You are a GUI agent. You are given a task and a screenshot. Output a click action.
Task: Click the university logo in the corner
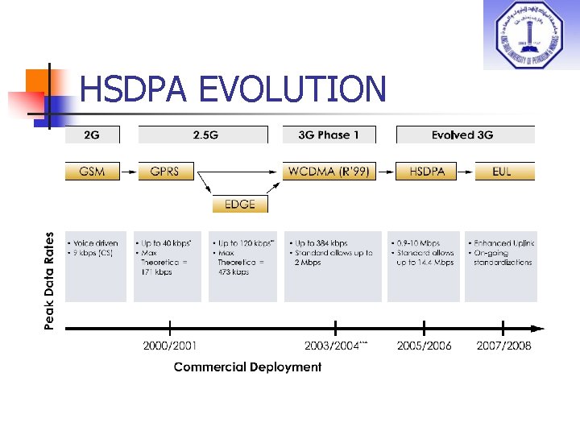(x=531, y=35)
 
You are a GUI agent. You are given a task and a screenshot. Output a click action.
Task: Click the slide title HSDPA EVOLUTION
(x=234, y=89)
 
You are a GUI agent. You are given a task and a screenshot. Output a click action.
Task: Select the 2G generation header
(x=92, y=135)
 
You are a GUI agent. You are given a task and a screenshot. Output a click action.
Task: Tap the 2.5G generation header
(x=203, y=135)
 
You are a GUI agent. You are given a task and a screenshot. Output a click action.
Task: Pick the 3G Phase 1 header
(x=329, y=135)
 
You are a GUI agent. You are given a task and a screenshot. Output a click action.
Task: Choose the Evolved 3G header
(x=465, y=135)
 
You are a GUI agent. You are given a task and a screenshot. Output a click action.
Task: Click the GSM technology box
(x=92, y=172)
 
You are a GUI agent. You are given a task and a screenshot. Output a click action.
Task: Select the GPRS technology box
(x=164, y=172)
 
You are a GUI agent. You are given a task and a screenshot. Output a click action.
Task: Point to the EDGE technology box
(x=240, y=204)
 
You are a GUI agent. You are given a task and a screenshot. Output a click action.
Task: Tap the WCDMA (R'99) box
(x=329, y=172)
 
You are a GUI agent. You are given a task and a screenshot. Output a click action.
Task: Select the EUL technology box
(x=503, y=172)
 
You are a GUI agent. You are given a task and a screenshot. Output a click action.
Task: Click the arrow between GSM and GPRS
(x=128, y=172)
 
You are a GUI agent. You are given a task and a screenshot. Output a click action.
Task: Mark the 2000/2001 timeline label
(x=170, y=346)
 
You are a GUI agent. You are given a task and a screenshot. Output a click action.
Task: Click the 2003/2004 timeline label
(x=335, y=346)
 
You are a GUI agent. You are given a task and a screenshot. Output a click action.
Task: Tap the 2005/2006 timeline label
(x=425, y=346)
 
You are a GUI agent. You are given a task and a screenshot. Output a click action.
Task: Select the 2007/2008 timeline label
(x=503, y=346)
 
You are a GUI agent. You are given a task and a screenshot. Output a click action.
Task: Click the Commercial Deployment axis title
(x=247, y=367)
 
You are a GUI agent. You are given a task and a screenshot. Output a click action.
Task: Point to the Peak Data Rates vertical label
(x=50, y=280)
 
